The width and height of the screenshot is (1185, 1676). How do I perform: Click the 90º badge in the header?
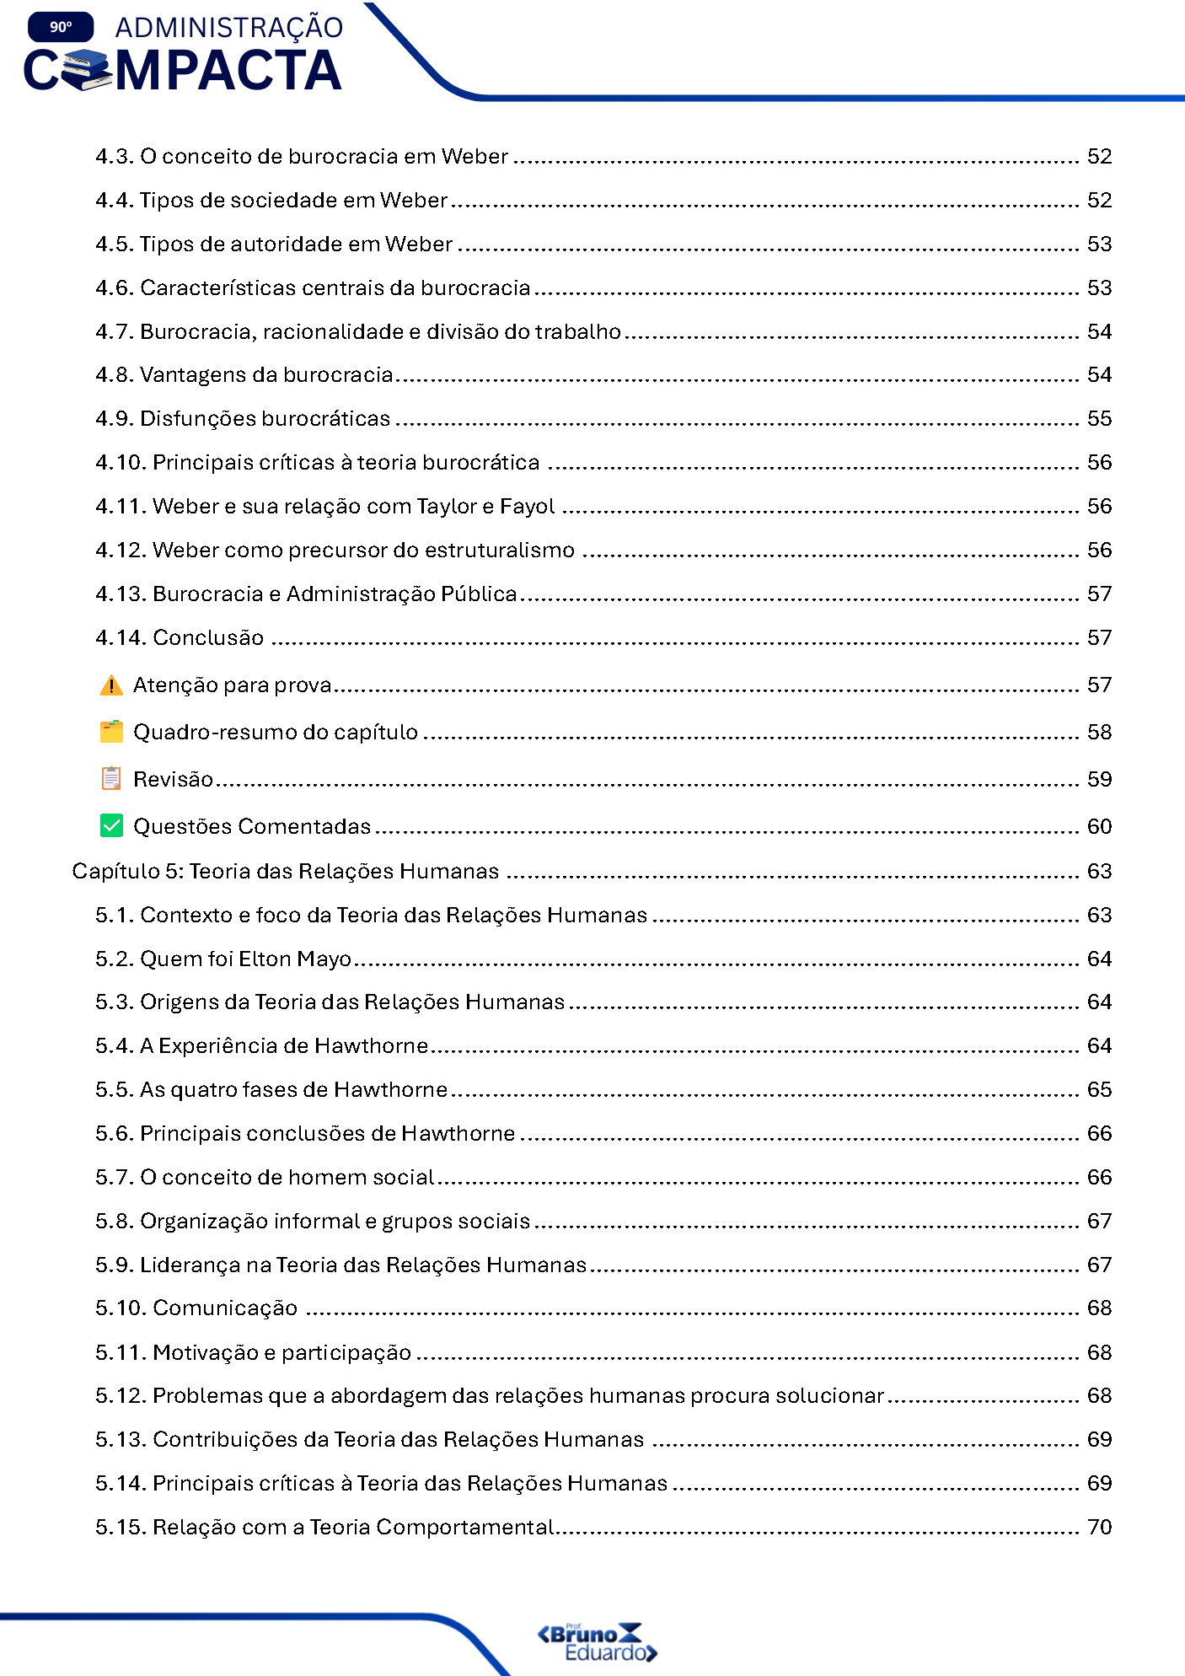point(61,27)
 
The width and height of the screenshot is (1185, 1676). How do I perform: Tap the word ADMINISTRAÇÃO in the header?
point(229,27)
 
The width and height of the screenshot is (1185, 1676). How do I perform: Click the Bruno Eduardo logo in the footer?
point(597,1641)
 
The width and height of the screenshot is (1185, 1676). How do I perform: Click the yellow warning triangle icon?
point(110,685)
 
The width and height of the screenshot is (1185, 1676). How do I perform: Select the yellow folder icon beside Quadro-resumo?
point(110,732)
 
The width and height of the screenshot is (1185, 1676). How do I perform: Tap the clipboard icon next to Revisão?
point(110,778)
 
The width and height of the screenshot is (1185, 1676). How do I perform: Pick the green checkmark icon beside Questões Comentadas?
point(110,825)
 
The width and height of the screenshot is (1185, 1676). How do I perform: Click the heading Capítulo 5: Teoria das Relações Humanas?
point(286,871)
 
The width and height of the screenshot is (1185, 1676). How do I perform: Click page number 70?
point(1099,1527)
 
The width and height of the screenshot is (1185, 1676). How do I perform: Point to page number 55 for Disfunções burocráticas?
point(1099,418)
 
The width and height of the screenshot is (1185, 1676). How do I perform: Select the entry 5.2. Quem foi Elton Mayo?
point(223,959)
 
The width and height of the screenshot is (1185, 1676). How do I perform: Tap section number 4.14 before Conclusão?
point(121,637)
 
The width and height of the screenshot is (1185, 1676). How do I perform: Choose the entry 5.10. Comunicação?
point(196,1308)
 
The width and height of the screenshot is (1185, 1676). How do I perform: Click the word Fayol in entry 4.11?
point(527,506)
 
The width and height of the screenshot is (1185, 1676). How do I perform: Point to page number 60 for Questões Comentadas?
point(1099,826)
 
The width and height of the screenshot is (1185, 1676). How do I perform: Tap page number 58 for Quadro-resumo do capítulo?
point(1099,732)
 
